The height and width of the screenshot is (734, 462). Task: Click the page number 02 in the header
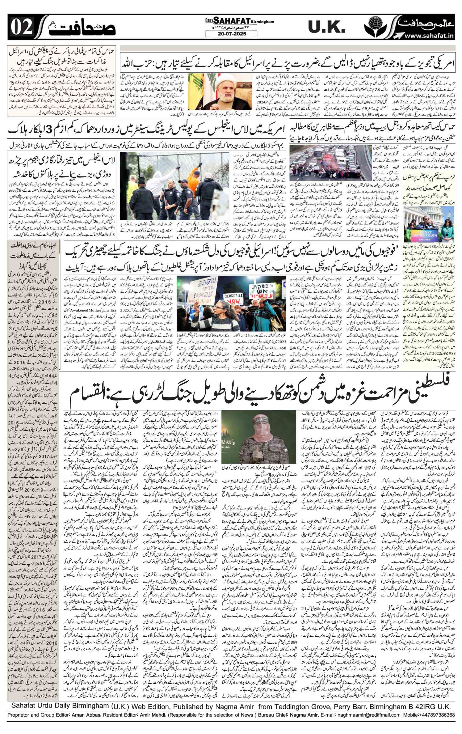(21, 29)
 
